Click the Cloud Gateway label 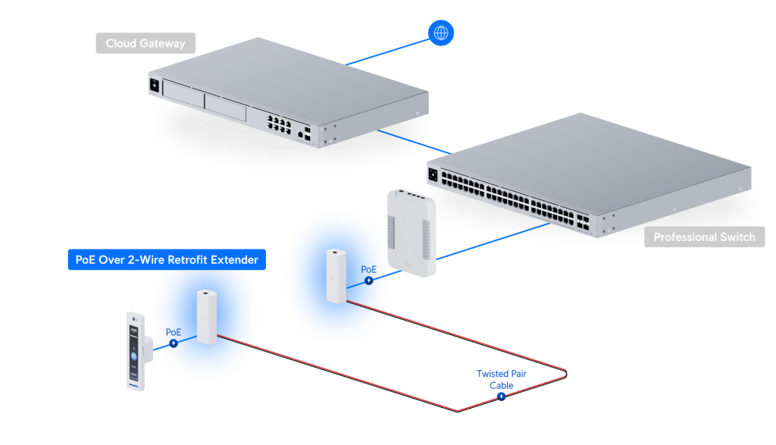pos(145,43)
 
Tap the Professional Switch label pos(704,237)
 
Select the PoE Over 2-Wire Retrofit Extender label pos(167,260)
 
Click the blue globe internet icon pos(440,33)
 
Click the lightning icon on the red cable pos(501,396)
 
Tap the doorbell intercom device pos(136,349)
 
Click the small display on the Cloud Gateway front pos(155,86)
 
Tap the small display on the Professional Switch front pos(434,175)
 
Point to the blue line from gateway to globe pos(386,51)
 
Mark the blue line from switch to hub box pos(493,242)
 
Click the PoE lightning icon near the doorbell pos(174,343)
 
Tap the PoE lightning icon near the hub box pos(369,280)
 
